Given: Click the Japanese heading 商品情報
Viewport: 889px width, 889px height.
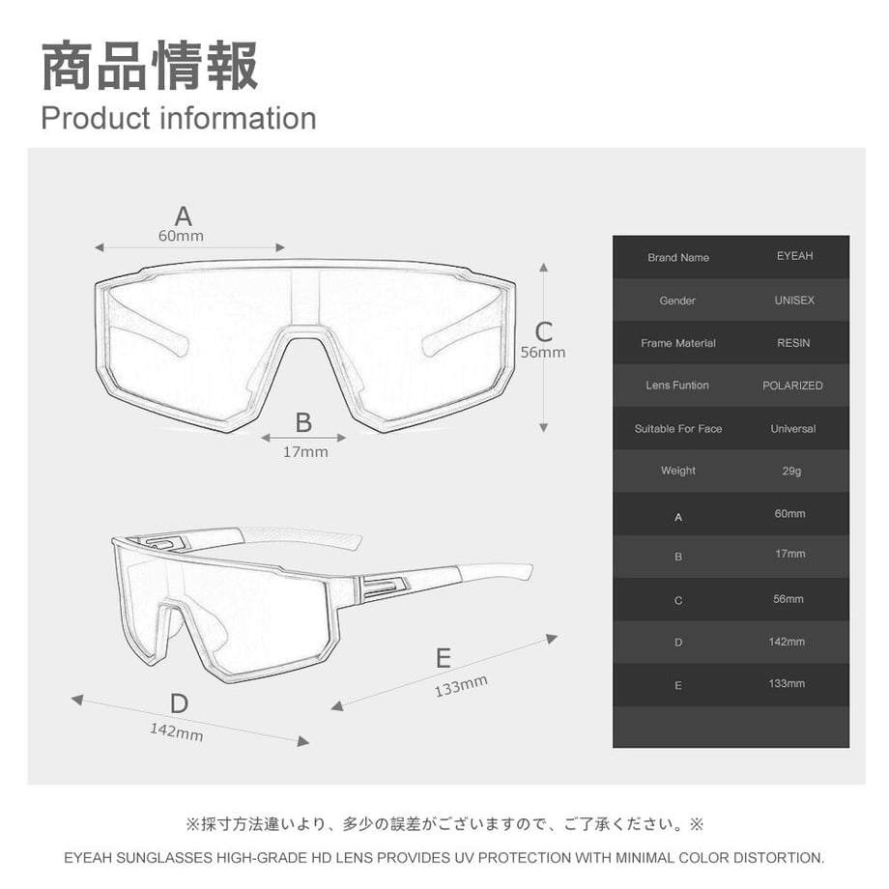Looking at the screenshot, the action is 150,66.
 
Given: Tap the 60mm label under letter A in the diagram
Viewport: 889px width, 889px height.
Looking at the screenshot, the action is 181,236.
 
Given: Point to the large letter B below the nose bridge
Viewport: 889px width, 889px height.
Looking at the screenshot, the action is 303,423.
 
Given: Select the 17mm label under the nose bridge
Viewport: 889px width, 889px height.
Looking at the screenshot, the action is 305,452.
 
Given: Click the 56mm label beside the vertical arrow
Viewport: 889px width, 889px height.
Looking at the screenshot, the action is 543,352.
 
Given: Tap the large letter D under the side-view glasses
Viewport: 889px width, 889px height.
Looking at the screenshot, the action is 179,703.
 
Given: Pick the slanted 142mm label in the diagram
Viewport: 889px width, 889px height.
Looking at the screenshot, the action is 176,731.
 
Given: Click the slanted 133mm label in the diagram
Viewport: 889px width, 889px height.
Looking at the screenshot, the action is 461,686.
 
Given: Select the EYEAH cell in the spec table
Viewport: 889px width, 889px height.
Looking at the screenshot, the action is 795,256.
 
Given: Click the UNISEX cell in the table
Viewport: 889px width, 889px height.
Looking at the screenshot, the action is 794,301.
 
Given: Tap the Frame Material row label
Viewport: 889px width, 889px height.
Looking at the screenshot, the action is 678,343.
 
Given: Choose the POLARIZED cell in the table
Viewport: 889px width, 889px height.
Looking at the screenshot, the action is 792,386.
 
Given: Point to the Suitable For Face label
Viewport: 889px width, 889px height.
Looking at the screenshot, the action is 678,429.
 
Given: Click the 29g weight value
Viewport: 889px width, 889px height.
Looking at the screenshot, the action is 792,472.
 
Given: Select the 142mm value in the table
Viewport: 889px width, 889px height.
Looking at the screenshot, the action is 787,642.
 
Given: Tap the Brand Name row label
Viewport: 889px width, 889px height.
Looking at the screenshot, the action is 678,257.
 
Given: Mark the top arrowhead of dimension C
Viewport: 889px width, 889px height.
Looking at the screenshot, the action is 544,267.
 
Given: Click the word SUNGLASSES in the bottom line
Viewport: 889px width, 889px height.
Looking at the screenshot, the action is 164,858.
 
